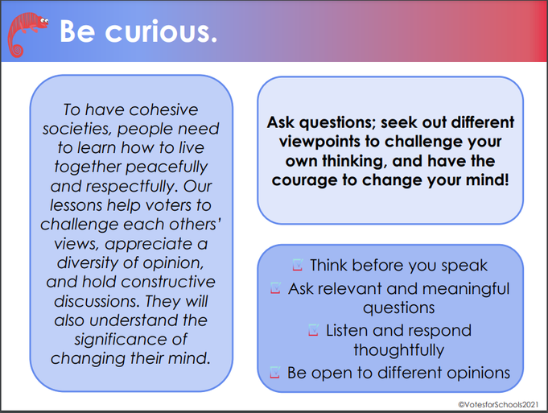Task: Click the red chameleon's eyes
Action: click(44, 21)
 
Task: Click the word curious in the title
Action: click(161, 32)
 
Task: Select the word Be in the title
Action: click(77, 32)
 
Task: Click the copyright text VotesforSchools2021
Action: click(498, 405)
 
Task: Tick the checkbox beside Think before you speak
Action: click(298, 265)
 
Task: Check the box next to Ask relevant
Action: click(275, 287)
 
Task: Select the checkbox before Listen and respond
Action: click(313, 330)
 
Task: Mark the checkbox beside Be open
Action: click(274, 372)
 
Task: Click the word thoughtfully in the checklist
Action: click(399, 350)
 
